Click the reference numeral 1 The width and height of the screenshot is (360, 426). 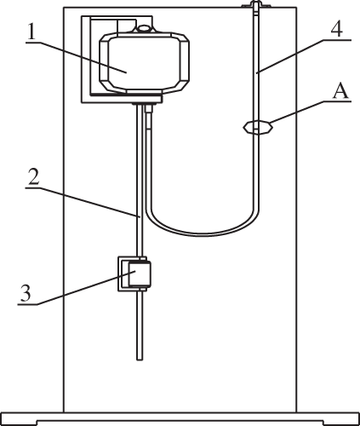pyautogui.click(x=31, y=32)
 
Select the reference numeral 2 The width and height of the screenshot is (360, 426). pyautogui.click(x=33, y=178)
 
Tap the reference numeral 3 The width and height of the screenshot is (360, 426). pyautogui.click(x=26, y=293)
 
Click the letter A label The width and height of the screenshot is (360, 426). pyautogui.click(x=340, y=91)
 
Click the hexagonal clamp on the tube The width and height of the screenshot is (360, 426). pyautogui.click(x=257, y=127)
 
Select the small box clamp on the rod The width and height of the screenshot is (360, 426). pyautogui.click(x=134, y=273)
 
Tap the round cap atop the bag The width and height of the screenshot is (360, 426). pyautogui.click(x=145, y=28)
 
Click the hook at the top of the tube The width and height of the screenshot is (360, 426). pyautogui.click(x=254, y=6)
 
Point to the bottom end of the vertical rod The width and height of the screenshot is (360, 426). pyautogui.click(x=140, y=360)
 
